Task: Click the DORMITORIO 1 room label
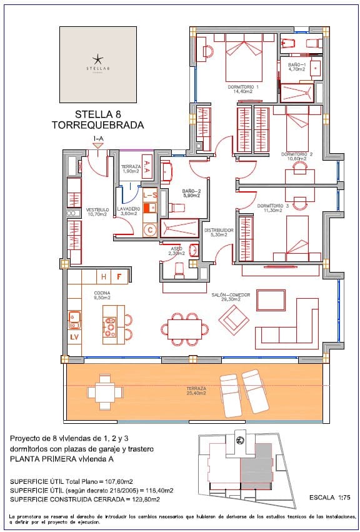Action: (x=246, y=86)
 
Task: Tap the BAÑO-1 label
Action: (x=297, y=64)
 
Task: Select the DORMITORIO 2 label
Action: (x=296, y=154)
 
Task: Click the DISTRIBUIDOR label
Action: (x=219, y=230)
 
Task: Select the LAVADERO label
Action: (x=127, y=209)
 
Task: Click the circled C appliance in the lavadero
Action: (x=149, y=230)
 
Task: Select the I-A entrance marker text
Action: (x=98, y=138)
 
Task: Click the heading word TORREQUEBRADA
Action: (x=97, y=125)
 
